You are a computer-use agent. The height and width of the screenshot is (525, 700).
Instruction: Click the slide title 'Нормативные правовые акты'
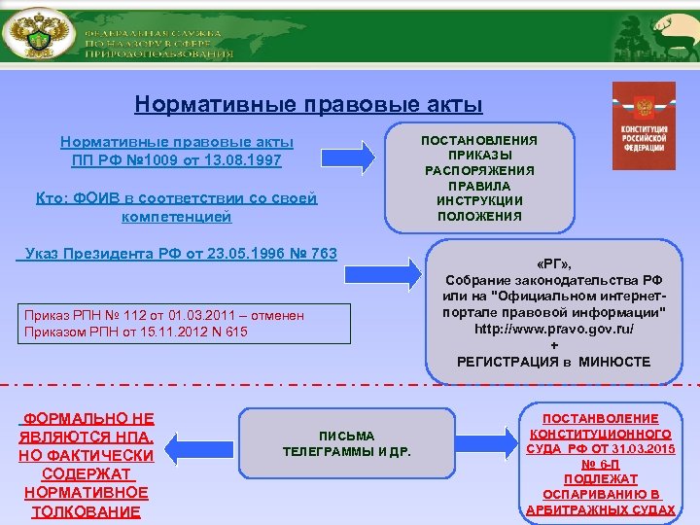click(x=308, y=104)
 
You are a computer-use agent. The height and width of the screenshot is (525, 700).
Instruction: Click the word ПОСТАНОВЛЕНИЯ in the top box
click(x=478, y=140)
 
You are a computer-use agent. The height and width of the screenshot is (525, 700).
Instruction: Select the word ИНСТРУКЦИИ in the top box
click(x=478, y=200)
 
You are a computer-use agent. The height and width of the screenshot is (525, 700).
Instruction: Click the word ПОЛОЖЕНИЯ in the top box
click(x=478, y=216)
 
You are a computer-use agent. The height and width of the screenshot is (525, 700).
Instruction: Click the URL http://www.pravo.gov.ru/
click(x=554, y=329)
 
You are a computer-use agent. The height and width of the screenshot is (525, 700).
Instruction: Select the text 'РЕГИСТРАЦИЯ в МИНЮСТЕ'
click(x=554, y=362)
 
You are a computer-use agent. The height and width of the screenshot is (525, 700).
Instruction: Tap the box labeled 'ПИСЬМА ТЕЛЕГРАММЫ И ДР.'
click(x=346, y=443)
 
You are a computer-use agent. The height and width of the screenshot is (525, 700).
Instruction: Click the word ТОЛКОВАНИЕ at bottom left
click(x=86, y=512)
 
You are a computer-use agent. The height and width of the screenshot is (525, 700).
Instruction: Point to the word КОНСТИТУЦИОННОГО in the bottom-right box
click(x=600, y=433)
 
